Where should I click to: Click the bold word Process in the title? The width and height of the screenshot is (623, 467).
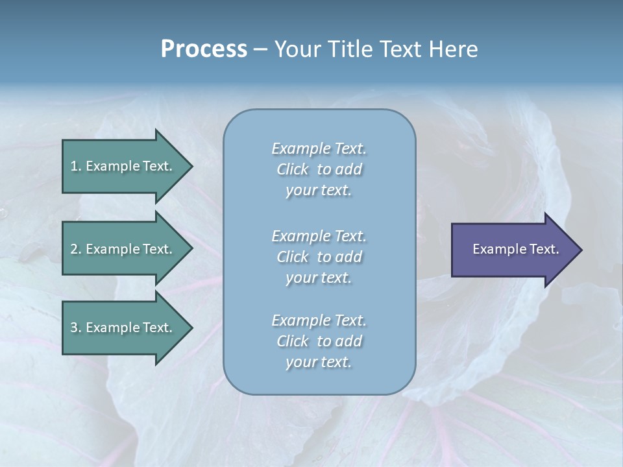204,49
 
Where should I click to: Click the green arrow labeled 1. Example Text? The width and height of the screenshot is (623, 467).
123,166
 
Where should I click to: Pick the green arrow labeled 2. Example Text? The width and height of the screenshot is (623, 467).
123,249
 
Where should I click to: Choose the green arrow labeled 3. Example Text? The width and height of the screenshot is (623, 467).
123,328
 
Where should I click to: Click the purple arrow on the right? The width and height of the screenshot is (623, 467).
513,250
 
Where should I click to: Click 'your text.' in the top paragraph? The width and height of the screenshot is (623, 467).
319,190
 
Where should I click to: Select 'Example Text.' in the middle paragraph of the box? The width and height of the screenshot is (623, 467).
319,236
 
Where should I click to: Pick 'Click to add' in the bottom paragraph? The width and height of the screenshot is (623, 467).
319,341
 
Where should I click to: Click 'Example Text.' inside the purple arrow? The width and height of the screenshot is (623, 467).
515,249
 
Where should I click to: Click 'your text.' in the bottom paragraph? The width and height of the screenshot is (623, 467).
319,362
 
